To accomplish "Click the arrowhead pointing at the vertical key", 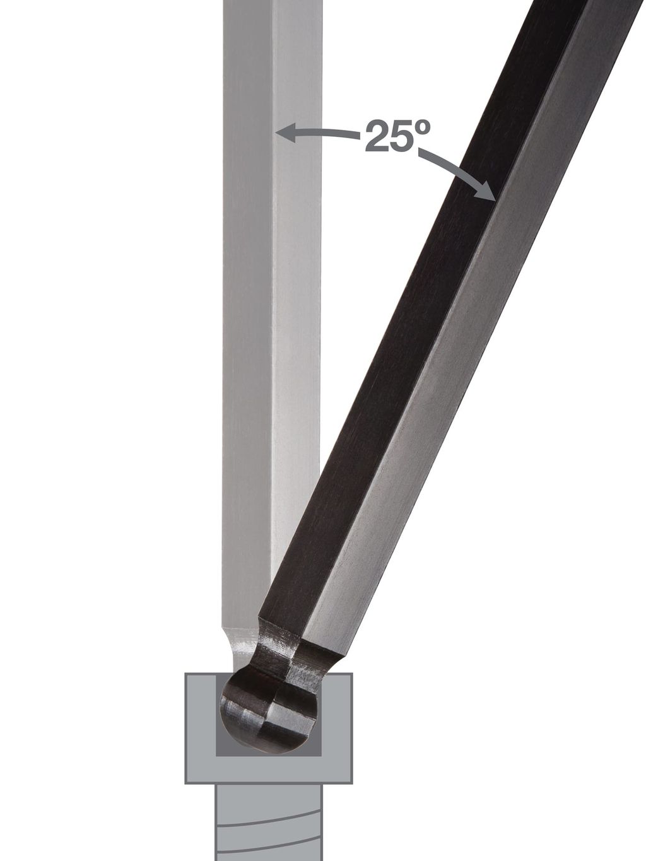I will [285, 132].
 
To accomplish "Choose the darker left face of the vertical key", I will [246, 315].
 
